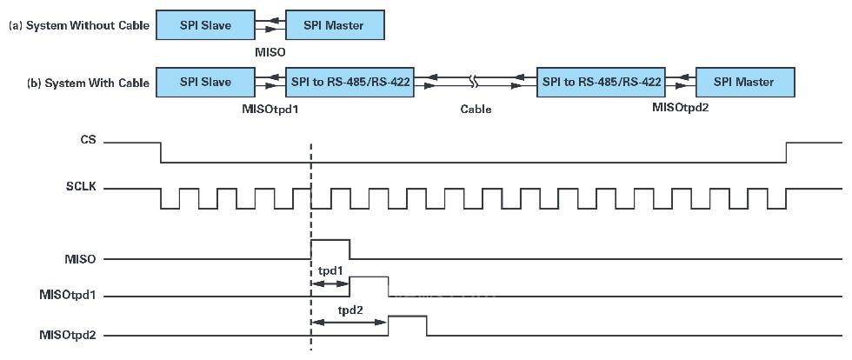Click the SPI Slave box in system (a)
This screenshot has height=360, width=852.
pos(205,25)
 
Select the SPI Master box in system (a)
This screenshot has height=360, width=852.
pos(335,25)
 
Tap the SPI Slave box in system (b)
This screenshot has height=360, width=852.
pos(205,83)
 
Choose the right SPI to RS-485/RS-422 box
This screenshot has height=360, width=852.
pos(602,83)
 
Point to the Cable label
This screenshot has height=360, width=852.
pos(476,110)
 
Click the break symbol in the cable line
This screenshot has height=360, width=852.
pos(475,83)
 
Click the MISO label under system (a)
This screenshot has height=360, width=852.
pos(270,52)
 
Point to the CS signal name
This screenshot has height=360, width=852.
pos(88,139)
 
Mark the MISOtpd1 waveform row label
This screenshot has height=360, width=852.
pos(68,297)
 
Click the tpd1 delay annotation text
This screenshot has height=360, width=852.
pos(330,270)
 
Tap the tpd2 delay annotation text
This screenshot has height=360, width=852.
pos(350,310)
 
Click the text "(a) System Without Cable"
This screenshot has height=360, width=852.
pos(79,26)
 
